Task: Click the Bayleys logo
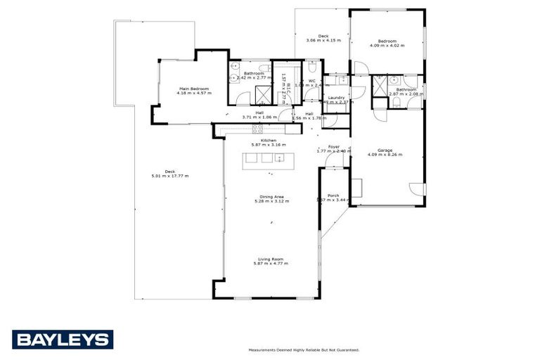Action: point(62,340)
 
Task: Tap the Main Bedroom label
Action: point(193,89)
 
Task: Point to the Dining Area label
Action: point(271,197)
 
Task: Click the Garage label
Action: point(385,150)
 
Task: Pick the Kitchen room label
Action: point(268,141)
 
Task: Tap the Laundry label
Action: point(336,98)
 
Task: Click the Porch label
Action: point(333,195)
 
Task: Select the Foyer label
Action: point(333,147)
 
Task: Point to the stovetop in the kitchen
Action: point(257,129)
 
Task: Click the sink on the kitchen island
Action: point(279,159)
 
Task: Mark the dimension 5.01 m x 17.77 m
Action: point(169,176)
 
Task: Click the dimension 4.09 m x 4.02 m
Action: point(387,46)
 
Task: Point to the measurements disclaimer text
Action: point(303,349)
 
